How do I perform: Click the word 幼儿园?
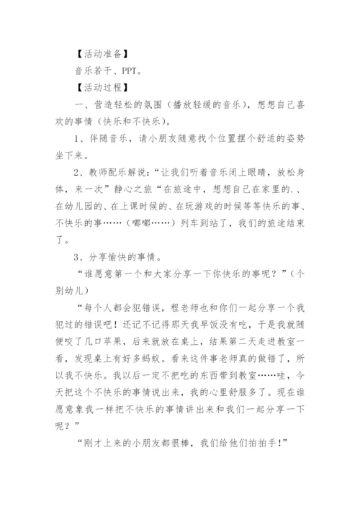(x=96, y=206)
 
